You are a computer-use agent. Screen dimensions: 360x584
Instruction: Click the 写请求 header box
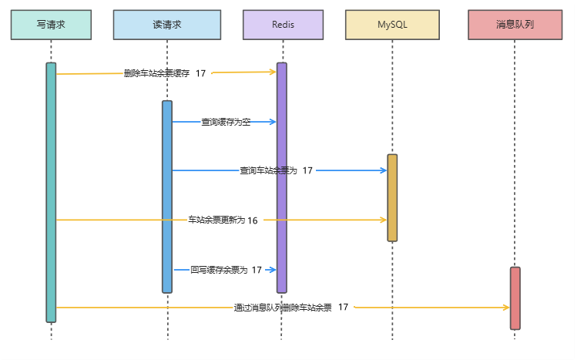click(51, 25)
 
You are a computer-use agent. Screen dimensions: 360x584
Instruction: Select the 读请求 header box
click(166, 25)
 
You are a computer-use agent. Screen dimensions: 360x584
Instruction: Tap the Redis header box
click(282, 25)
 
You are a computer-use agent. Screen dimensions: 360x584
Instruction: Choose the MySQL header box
click(392, 25)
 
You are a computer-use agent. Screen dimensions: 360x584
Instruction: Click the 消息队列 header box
click(515, 25)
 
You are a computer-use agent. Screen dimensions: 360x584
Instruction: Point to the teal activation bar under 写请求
click(51, 193)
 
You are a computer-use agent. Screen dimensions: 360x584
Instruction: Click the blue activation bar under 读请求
click(167, 197)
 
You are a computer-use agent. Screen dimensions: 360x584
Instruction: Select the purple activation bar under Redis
click(282, 177)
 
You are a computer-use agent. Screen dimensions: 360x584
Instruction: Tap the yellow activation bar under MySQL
click(392, 197)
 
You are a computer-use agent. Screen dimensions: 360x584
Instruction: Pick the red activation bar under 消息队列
click(515, 298)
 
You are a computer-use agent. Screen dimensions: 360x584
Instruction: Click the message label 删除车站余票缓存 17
click(165, 73)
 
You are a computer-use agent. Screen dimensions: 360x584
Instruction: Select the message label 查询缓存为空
click(226, 122)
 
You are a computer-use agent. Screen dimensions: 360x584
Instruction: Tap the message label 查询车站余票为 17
click(276, 170)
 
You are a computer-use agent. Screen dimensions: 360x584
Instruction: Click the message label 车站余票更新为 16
click(223, 220)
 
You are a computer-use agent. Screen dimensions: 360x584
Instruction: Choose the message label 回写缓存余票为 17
click(226, 270)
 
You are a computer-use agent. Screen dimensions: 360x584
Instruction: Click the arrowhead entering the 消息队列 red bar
click(505, 308)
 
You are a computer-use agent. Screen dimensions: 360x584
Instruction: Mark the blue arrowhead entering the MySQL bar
click(383, 170)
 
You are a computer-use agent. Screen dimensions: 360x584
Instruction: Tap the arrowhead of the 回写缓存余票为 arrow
click(272, 270)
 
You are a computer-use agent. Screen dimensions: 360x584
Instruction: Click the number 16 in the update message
click(253, 220)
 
